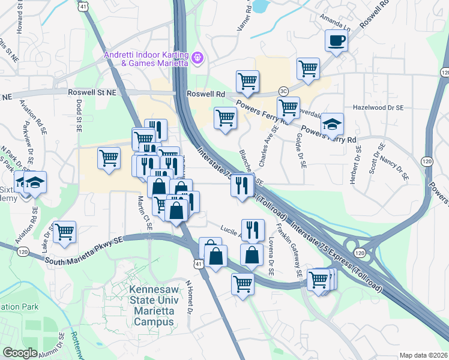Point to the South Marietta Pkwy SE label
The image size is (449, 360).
[x=85, y=247]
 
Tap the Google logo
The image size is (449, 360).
[x=20, y=353]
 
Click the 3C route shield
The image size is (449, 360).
[x=283, y=91]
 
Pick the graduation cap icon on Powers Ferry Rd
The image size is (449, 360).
[x=331, y=124]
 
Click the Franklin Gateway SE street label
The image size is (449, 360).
[x=288, y=250]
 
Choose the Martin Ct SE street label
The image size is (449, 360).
[x=145, y=212]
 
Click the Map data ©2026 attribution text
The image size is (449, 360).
[x=423, y=355]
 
